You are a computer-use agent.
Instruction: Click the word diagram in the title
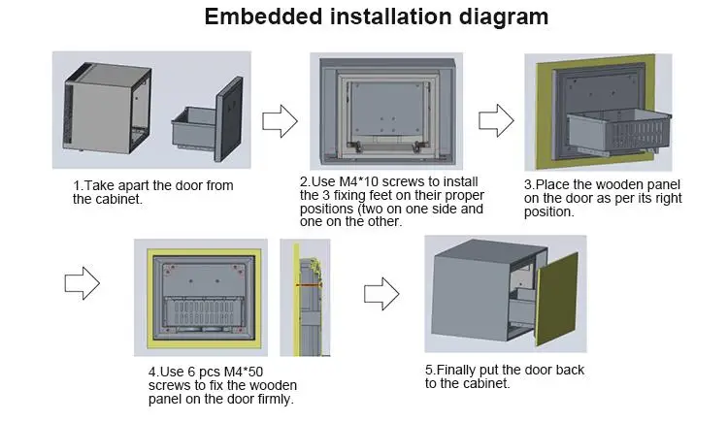501,16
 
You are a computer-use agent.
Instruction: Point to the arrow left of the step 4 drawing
82,283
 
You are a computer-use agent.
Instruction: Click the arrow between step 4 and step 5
381,291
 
